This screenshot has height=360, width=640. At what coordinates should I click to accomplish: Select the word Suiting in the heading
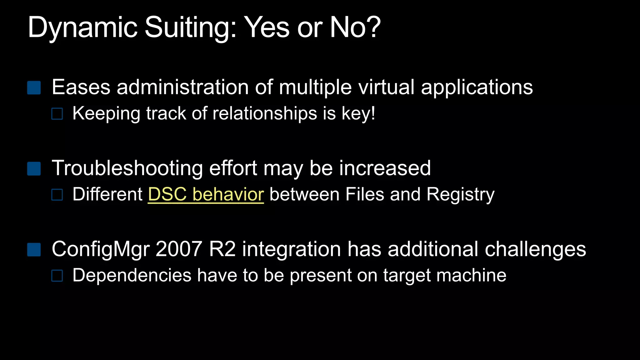pos(190,27)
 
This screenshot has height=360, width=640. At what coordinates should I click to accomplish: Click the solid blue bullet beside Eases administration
pos(34,88)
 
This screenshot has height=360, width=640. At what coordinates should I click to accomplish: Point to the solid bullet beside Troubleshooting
pos(34,169)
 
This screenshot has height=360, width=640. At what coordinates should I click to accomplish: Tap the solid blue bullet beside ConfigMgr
pos(34,250)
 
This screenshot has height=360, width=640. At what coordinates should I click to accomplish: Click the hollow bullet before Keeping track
pos(57,114)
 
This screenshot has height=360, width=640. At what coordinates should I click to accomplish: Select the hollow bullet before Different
pos(57,195)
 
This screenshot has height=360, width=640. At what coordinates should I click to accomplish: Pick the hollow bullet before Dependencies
pos(57,276)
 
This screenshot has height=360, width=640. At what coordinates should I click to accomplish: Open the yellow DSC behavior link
pos(206,194)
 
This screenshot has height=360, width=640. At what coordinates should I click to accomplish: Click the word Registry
pos(460,194)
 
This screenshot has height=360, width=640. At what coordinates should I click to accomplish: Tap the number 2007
pos(179,249)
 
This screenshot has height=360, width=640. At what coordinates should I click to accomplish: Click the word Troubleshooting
pos(127,168)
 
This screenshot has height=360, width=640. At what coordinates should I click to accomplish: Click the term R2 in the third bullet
pos(222,249)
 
